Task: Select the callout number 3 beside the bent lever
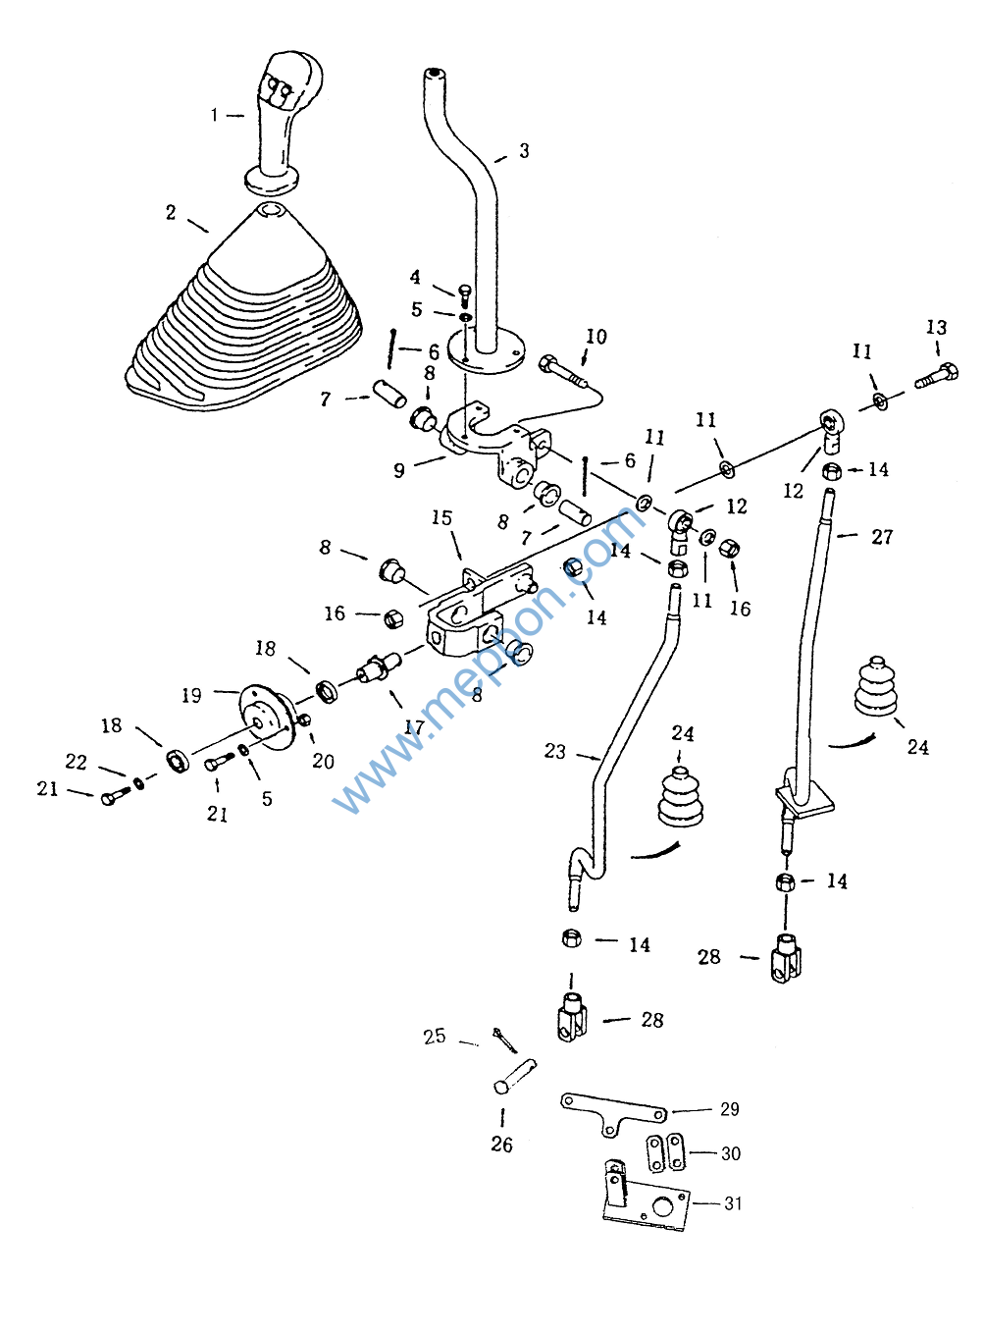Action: click(525, 151)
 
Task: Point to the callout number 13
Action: click(936, 328)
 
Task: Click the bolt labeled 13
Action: click(937, 376)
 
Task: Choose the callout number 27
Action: click(882, 537)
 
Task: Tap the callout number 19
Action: click(191, 696)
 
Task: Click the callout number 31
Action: click(733, 1203)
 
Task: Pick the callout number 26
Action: click(501, 1145)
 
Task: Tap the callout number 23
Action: click(555, 751)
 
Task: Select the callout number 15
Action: click(441, 518)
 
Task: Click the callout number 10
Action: click(596, 337)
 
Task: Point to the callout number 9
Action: click(399, 471)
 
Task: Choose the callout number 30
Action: click(731, 1154)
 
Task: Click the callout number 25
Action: click(435, 1037)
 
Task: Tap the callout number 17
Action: click(415, 727)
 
